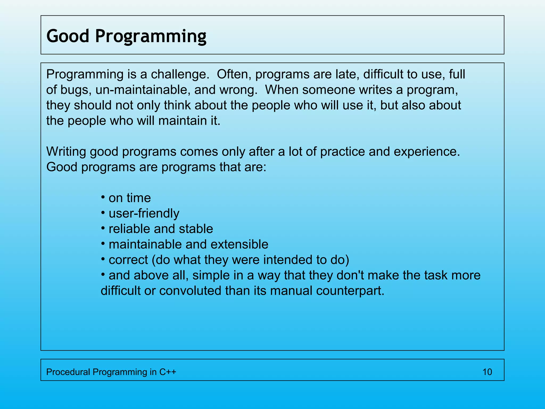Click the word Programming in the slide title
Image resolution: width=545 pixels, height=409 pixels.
click(x=151, y=36)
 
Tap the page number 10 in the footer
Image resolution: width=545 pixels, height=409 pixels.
click(x=487, y=372)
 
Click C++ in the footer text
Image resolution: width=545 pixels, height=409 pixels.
click(x=168, y=372)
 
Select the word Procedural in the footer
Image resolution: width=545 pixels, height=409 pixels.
click(x=68, y=372)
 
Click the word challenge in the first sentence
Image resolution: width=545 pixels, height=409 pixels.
click(x=180, y=74)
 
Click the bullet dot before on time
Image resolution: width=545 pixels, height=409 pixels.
click(x=103, y=197)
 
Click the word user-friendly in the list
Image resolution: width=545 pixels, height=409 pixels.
click(x=144, y=214)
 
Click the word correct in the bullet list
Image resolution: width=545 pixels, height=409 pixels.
click(x=128, y=260)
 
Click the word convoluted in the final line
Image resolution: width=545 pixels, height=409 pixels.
click(x=190, y=291)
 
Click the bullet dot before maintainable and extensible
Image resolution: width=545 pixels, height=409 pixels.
click(x=103, y=244)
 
